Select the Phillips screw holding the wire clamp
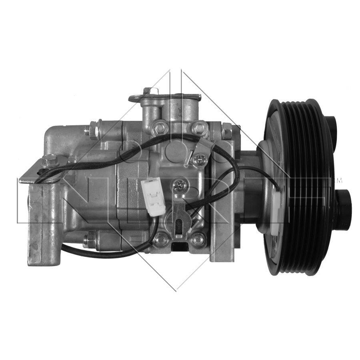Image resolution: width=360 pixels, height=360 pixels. [x=197, y=159]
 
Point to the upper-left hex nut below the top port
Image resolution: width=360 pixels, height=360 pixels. [x=161, y=128]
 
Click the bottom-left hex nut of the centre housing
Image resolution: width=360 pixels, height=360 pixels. [x=161, y=239]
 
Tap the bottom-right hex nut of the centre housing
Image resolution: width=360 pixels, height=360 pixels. [x=197, y=239]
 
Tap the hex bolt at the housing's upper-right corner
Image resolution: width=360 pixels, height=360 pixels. [x=227, y=131]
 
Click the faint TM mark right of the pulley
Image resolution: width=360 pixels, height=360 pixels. [x=340, y=180]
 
